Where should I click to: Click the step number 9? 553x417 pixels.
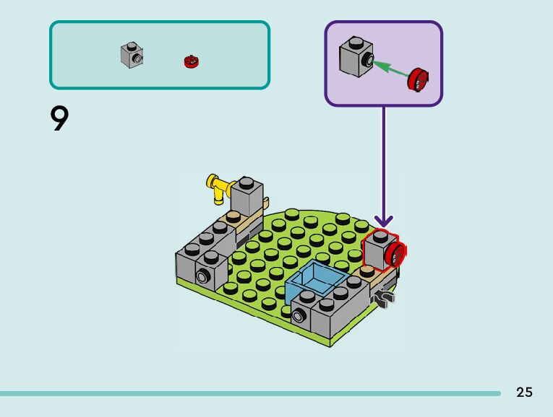[x=60, y=119]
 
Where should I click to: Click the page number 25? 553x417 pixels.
[x=524, y=392]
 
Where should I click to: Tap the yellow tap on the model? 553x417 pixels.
[x=216, y=186]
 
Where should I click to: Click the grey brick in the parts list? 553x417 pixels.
[x=132, y=56]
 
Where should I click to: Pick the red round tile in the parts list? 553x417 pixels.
[x=191, y=61]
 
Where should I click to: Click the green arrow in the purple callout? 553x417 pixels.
[x=390, y=69]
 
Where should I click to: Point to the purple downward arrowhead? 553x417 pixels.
[x=383, y=219]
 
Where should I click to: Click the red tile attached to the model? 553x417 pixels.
[x=396, y=254]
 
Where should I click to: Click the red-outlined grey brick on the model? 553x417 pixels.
[x=377, y=252]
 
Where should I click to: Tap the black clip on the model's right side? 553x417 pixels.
[x=384, y=296]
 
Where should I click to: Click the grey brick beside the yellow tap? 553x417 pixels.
[x=246, y=195]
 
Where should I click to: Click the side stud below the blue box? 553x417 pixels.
[x=297, y=315]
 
